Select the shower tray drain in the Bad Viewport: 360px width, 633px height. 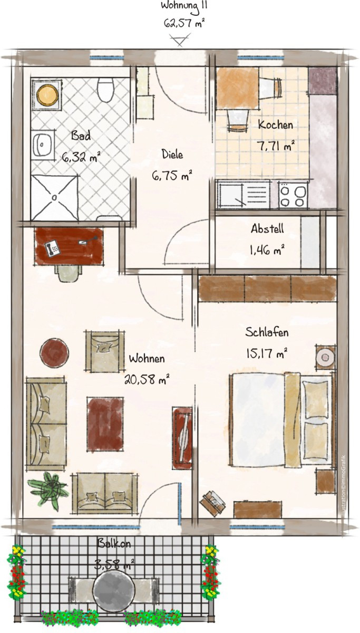tap(55, 197)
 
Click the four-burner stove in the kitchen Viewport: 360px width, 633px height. tap(293, 195)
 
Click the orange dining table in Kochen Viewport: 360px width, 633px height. tap(238, 88)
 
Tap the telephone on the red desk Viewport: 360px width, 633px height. tap(52, 248)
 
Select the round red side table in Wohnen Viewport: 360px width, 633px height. tap(54, 352)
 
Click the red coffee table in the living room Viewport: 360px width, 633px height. tap(105, 424)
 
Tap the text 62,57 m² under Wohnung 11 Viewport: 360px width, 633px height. tap(184, 23)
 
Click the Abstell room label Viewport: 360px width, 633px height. tap(267, 228)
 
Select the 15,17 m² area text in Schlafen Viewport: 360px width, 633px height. tap(267, 353)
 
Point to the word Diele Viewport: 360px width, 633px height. tap(172, 154)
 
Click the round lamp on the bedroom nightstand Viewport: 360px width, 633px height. tap(325, 358)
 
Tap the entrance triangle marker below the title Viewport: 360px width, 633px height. tap(180, 40)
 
